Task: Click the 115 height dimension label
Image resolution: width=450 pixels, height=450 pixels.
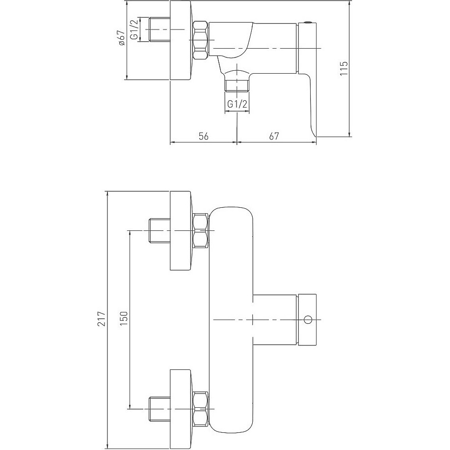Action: (344, 68)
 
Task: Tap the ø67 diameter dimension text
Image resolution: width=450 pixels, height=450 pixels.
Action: (121, 38)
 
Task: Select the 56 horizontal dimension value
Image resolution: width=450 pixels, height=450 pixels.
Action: (204, 136)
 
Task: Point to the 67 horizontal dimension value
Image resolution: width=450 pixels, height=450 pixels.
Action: (274, 136)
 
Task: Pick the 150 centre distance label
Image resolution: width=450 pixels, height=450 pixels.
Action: (124, 319)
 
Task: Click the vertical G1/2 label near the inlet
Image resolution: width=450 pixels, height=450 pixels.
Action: (134, 29)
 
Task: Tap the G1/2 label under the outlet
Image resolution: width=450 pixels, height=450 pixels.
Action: (238, 104)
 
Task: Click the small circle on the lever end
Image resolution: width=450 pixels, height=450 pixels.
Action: (308, 319)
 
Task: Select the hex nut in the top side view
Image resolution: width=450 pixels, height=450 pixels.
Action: (200, 40)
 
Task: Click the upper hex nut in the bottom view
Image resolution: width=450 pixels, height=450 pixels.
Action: (201, 230)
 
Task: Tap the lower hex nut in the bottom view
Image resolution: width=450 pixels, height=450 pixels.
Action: (201, 408)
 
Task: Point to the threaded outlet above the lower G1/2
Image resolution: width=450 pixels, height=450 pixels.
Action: (237, 85)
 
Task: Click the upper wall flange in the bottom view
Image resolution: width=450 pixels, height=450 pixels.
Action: (181, 230)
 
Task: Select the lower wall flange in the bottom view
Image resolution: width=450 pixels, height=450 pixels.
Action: (181, 409)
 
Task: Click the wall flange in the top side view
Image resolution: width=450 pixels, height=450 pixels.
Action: (181, 40)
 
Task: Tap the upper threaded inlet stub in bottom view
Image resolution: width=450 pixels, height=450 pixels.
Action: (159, 230)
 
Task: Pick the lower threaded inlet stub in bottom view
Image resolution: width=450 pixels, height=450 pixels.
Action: (159, 409)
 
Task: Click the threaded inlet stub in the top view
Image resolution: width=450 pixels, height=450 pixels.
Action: (159, 29)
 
